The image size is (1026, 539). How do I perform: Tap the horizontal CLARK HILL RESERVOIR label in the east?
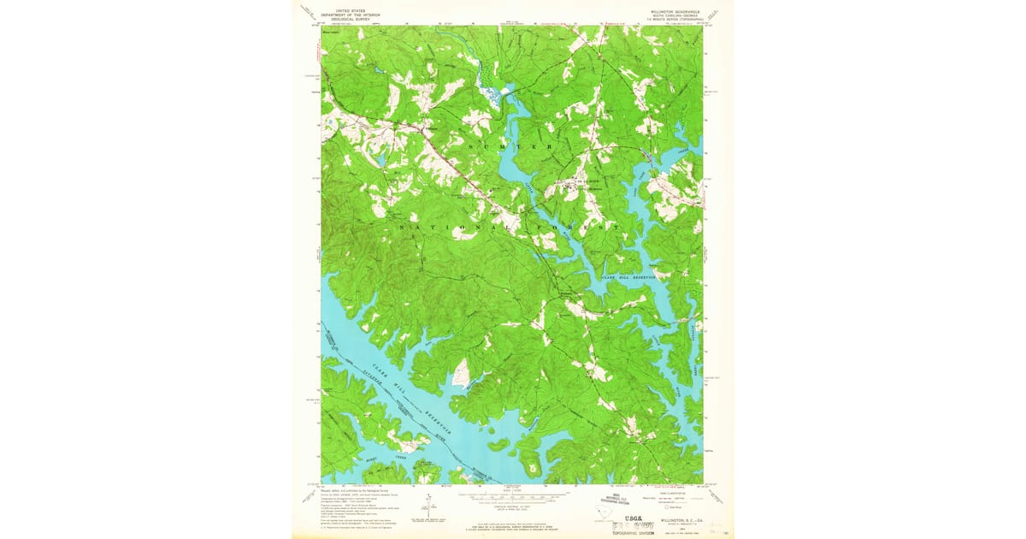(x=628, y=277)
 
